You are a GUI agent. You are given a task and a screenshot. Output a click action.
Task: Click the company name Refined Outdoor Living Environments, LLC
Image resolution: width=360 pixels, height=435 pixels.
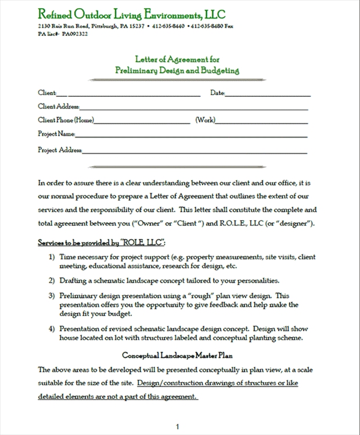132,14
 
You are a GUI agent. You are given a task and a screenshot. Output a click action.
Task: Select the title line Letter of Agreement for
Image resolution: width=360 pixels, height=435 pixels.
177,59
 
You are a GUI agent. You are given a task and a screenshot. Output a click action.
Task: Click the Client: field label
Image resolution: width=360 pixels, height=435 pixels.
48,93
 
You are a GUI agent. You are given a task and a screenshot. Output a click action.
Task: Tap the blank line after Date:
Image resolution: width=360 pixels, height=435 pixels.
268,94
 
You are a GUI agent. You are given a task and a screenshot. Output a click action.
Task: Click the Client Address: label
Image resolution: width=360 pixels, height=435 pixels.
59,107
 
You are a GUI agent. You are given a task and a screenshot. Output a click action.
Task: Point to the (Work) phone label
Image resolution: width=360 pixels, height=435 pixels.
205,120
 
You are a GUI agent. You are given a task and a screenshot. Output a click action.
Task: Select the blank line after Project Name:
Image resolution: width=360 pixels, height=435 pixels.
192,136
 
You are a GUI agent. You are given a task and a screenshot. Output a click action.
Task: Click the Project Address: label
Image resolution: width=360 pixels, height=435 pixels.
60,150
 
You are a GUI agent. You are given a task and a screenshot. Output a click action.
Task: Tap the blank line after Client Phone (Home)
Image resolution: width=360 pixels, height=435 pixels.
142,122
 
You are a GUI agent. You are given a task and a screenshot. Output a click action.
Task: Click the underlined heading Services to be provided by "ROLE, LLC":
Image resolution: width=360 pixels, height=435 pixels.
102,241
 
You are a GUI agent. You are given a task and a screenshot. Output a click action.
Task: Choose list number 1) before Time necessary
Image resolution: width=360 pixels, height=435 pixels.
52,256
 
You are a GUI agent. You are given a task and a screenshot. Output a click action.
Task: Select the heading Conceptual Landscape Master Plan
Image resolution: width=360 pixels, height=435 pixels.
177,355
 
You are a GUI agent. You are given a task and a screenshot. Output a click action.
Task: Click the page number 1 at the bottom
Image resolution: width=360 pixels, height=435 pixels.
177,426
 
